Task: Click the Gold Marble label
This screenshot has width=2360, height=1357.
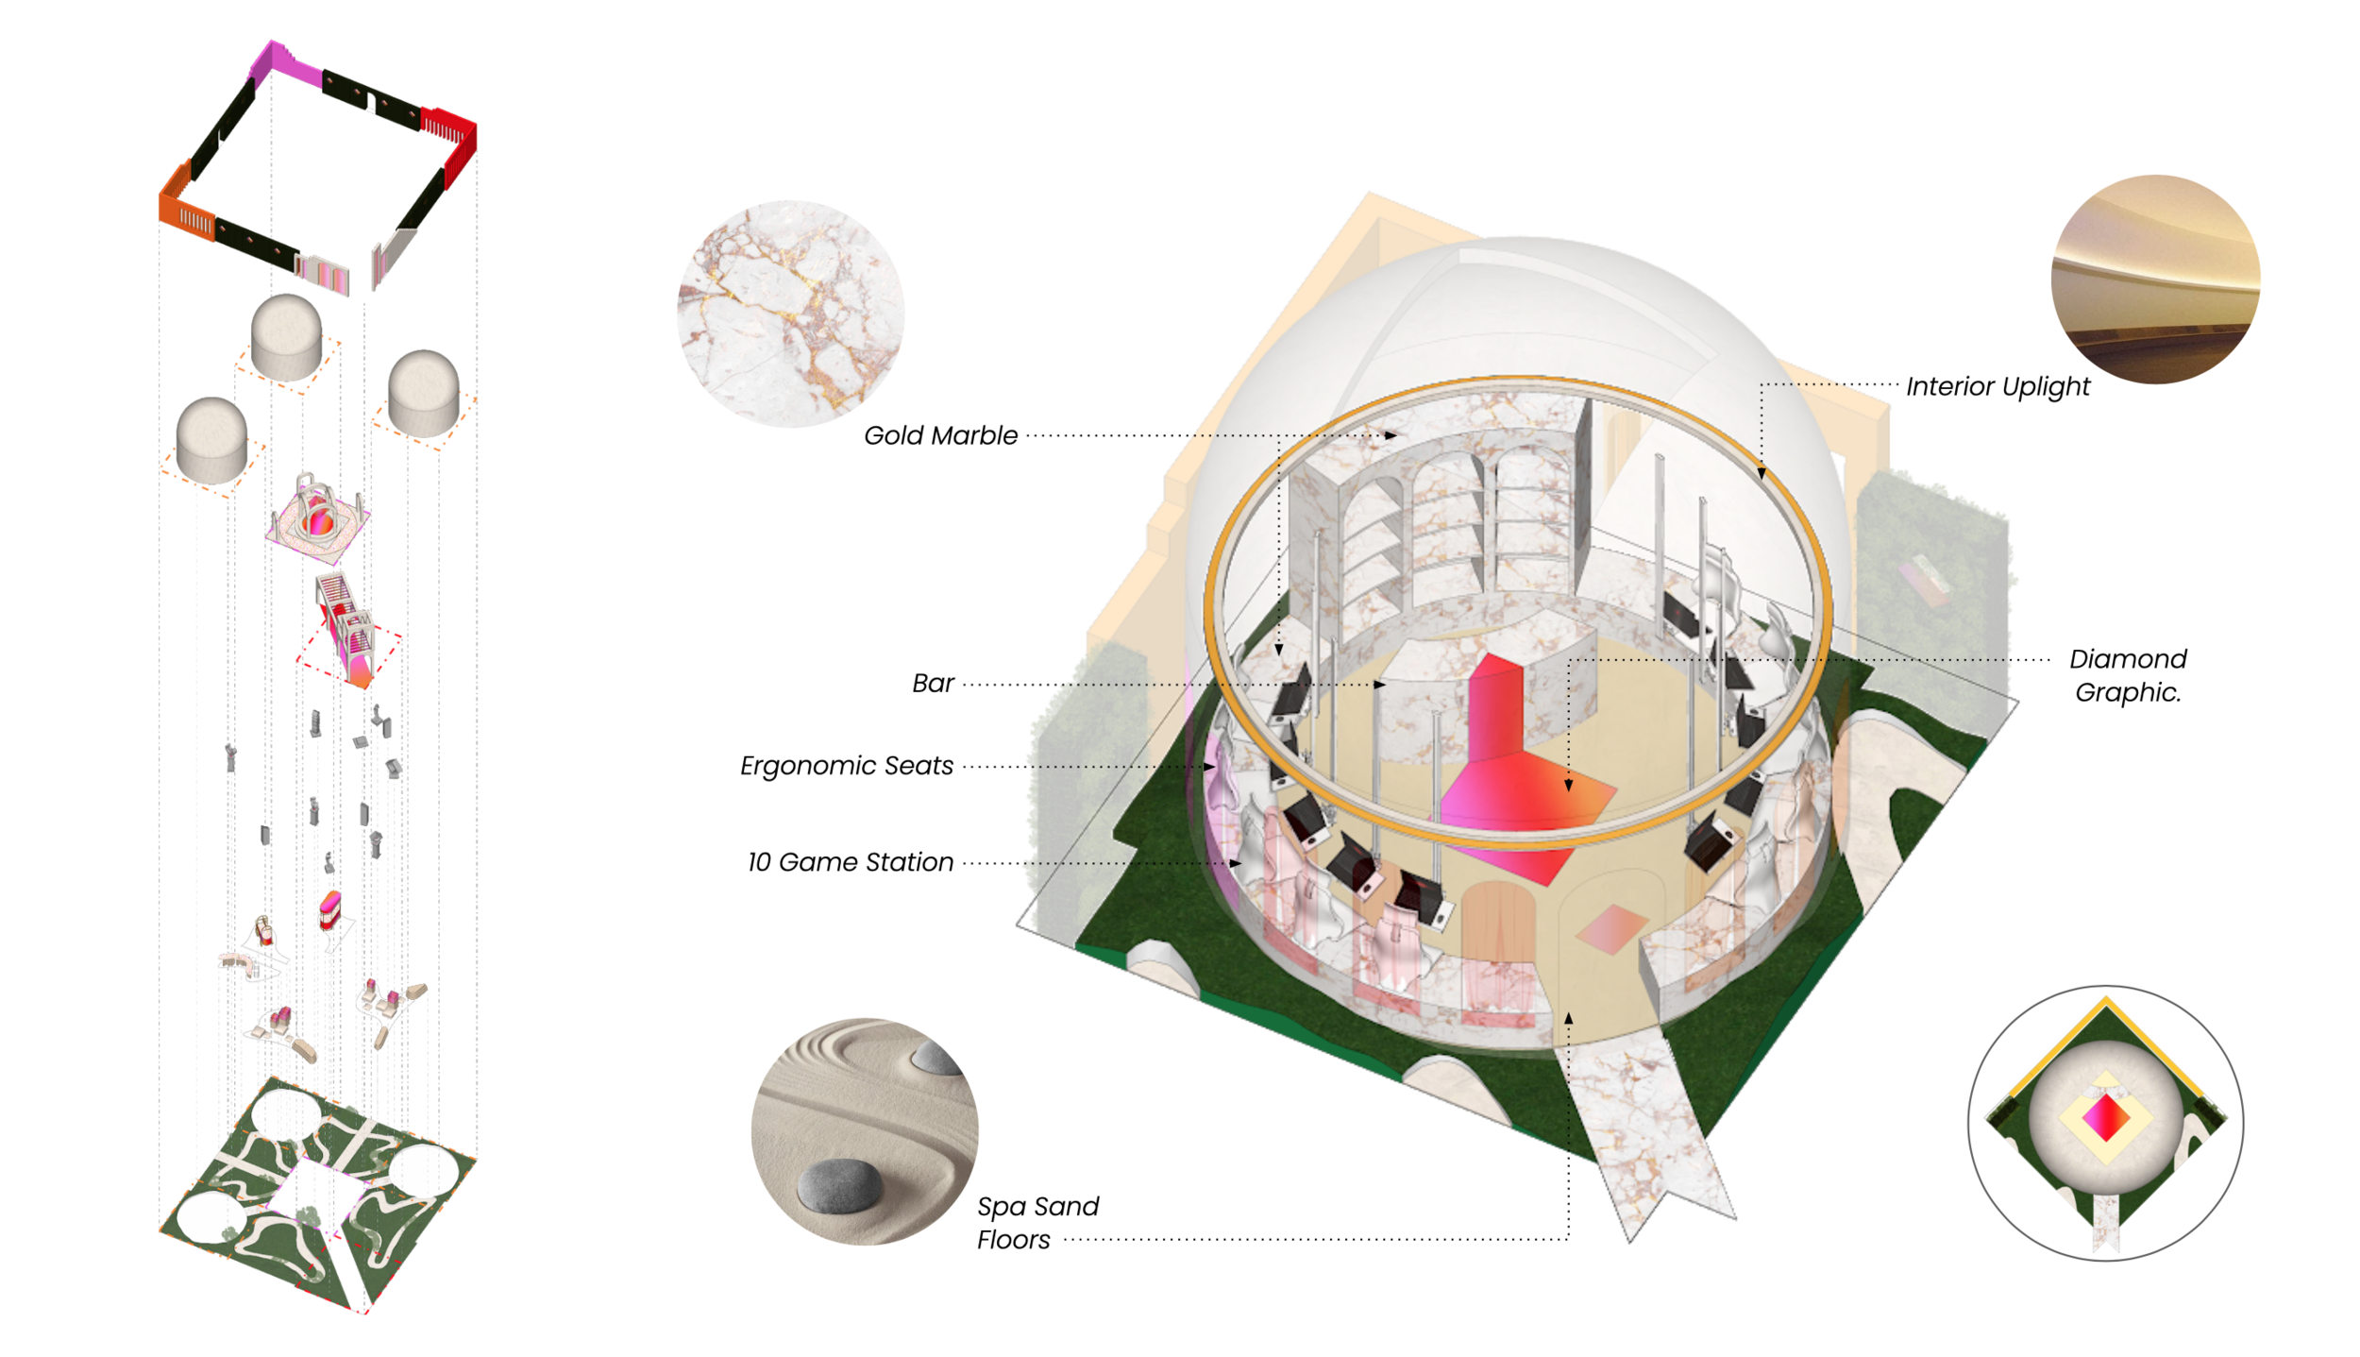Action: (940, 435)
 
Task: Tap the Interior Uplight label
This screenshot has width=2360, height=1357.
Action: (1998, 386)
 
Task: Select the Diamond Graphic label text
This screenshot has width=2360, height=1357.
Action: (2127, 674)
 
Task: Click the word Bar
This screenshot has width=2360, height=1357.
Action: (933, 683)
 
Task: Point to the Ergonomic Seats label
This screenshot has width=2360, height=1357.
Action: (846, 765)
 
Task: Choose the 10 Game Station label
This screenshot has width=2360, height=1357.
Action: (850, 861)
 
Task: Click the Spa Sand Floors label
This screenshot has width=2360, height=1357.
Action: (1037, 1222)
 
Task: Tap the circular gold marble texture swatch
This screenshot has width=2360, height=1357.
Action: (790, 314)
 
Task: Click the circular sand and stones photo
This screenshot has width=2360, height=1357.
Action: (865, 1130)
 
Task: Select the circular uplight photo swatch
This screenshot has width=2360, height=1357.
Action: (2155, 280)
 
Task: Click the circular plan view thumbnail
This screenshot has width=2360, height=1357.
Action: (2105, 1123)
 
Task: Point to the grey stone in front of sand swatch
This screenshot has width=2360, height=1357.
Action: (839, 1185)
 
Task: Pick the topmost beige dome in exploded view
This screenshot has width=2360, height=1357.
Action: (286, 337)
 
